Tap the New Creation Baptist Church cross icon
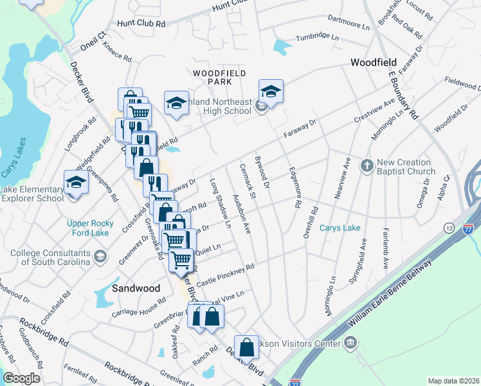[x=367, y=166]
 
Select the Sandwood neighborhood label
[x=136, y=288]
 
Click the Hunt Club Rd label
[x=141, y=23]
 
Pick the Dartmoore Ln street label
[x=349, y=23]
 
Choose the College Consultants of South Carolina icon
[x=100, y=257]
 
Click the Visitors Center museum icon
[x=349, y=342]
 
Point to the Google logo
[x=21, y=378]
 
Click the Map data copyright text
[x=453, y=381]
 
